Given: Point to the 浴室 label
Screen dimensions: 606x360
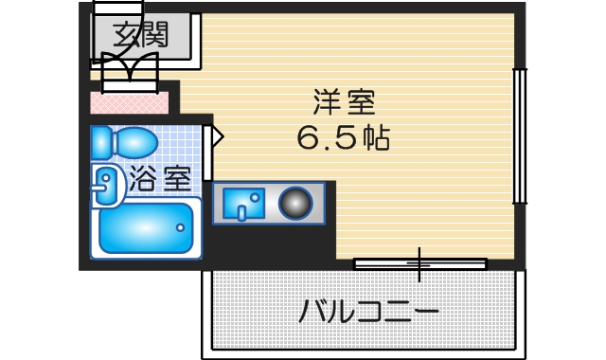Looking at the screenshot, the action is pos(160,178).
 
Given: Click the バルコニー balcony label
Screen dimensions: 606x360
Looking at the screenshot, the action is pos(368,311).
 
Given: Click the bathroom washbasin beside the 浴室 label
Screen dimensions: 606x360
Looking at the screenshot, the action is pos(106,186).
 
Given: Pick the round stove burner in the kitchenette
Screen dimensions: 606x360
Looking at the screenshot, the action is pos(294,203).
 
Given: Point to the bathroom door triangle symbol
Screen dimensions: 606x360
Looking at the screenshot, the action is pos(216,137).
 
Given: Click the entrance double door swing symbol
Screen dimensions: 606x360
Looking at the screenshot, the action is pos(123,68).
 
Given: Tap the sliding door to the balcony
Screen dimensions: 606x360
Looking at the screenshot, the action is pos(419,262).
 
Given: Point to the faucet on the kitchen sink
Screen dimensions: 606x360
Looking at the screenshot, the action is pos(241,211).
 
